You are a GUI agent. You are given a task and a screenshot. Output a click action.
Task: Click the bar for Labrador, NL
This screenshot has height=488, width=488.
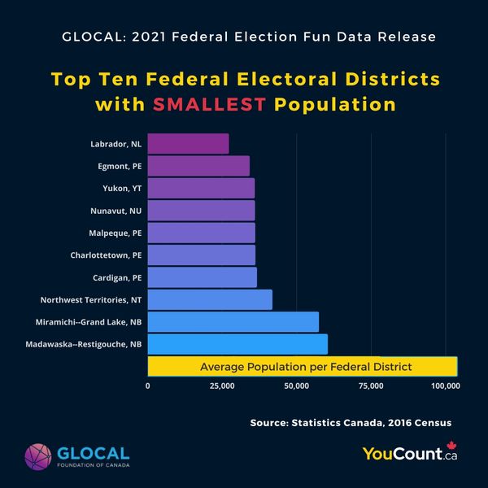point(188,144)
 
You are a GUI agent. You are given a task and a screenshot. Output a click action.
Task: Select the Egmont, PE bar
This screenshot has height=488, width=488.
point(198,166)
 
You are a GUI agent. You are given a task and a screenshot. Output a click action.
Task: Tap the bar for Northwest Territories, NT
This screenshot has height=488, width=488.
point(210,299)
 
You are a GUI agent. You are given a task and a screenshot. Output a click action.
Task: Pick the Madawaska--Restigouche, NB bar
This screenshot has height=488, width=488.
point(237,344)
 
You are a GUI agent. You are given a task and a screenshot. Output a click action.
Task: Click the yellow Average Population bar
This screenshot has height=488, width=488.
point(303,367)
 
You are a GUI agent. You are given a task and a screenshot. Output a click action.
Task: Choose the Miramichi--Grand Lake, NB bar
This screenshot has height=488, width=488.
point(233,322)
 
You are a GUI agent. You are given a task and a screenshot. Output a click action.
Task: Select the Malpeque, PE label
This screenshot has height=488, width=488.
point(115,233)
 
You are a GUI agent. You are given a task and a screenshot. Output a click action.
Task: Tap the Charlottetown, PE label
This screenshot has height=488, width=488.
point(106,255)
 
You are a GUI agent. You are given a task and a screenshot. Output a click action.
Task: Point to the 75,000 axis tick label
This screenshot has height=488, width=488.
point(371,386)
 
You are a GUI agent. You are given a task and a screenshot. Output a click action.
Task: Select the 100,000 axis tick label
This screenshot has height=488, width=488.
point(445,386)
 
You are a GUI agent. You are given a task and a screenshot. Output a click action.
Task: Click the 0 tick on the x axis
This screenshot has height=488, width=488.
point(148,386)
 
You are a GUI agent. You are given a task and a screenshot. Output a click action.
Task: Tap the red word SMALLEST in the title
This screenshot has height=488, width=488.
point(214,105)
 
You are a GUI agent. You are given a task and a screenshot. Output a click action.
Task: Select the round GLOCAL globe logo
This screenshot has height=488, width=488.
point(38,458)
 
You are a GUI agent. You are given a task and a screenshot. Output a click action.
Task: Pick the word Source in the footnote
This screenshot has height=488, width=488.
point(270,423)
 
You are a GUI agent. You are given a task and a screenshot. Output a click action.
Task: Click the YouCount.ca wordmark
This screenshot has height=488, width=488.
point(403,455)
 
